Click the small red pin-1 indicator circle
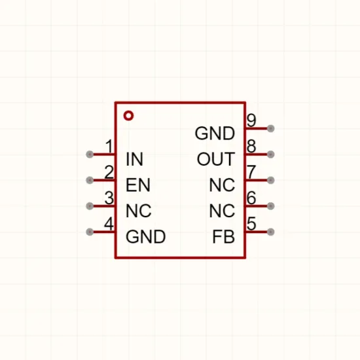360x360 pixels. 128,115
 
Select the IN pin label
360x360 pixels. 135,159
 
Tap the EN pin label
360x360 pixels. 138,185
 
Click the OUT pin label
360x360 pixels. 216,159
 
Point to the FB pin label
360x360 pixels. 224,237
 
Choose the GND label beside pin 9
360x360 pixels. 215,133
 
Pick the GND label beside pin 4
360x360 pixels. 146,237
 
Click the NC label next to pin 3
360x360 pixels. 139,211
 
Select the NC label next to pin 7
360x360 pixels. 223,185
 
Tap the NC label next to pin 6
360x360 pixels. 223,211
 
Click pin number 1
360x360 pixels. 109,146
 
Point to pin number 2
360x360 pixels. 109,172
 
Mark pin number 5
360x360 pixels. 251,224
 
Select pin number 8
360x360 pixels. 251,146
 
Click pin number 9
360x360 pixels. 251,120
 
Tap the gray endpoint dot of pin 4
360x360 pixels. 90,232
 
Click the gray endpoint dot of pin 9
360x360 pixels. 271,128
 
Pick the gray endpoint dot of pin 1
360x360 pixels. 90,154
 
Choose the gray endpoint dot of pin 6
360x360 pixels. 271,206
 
